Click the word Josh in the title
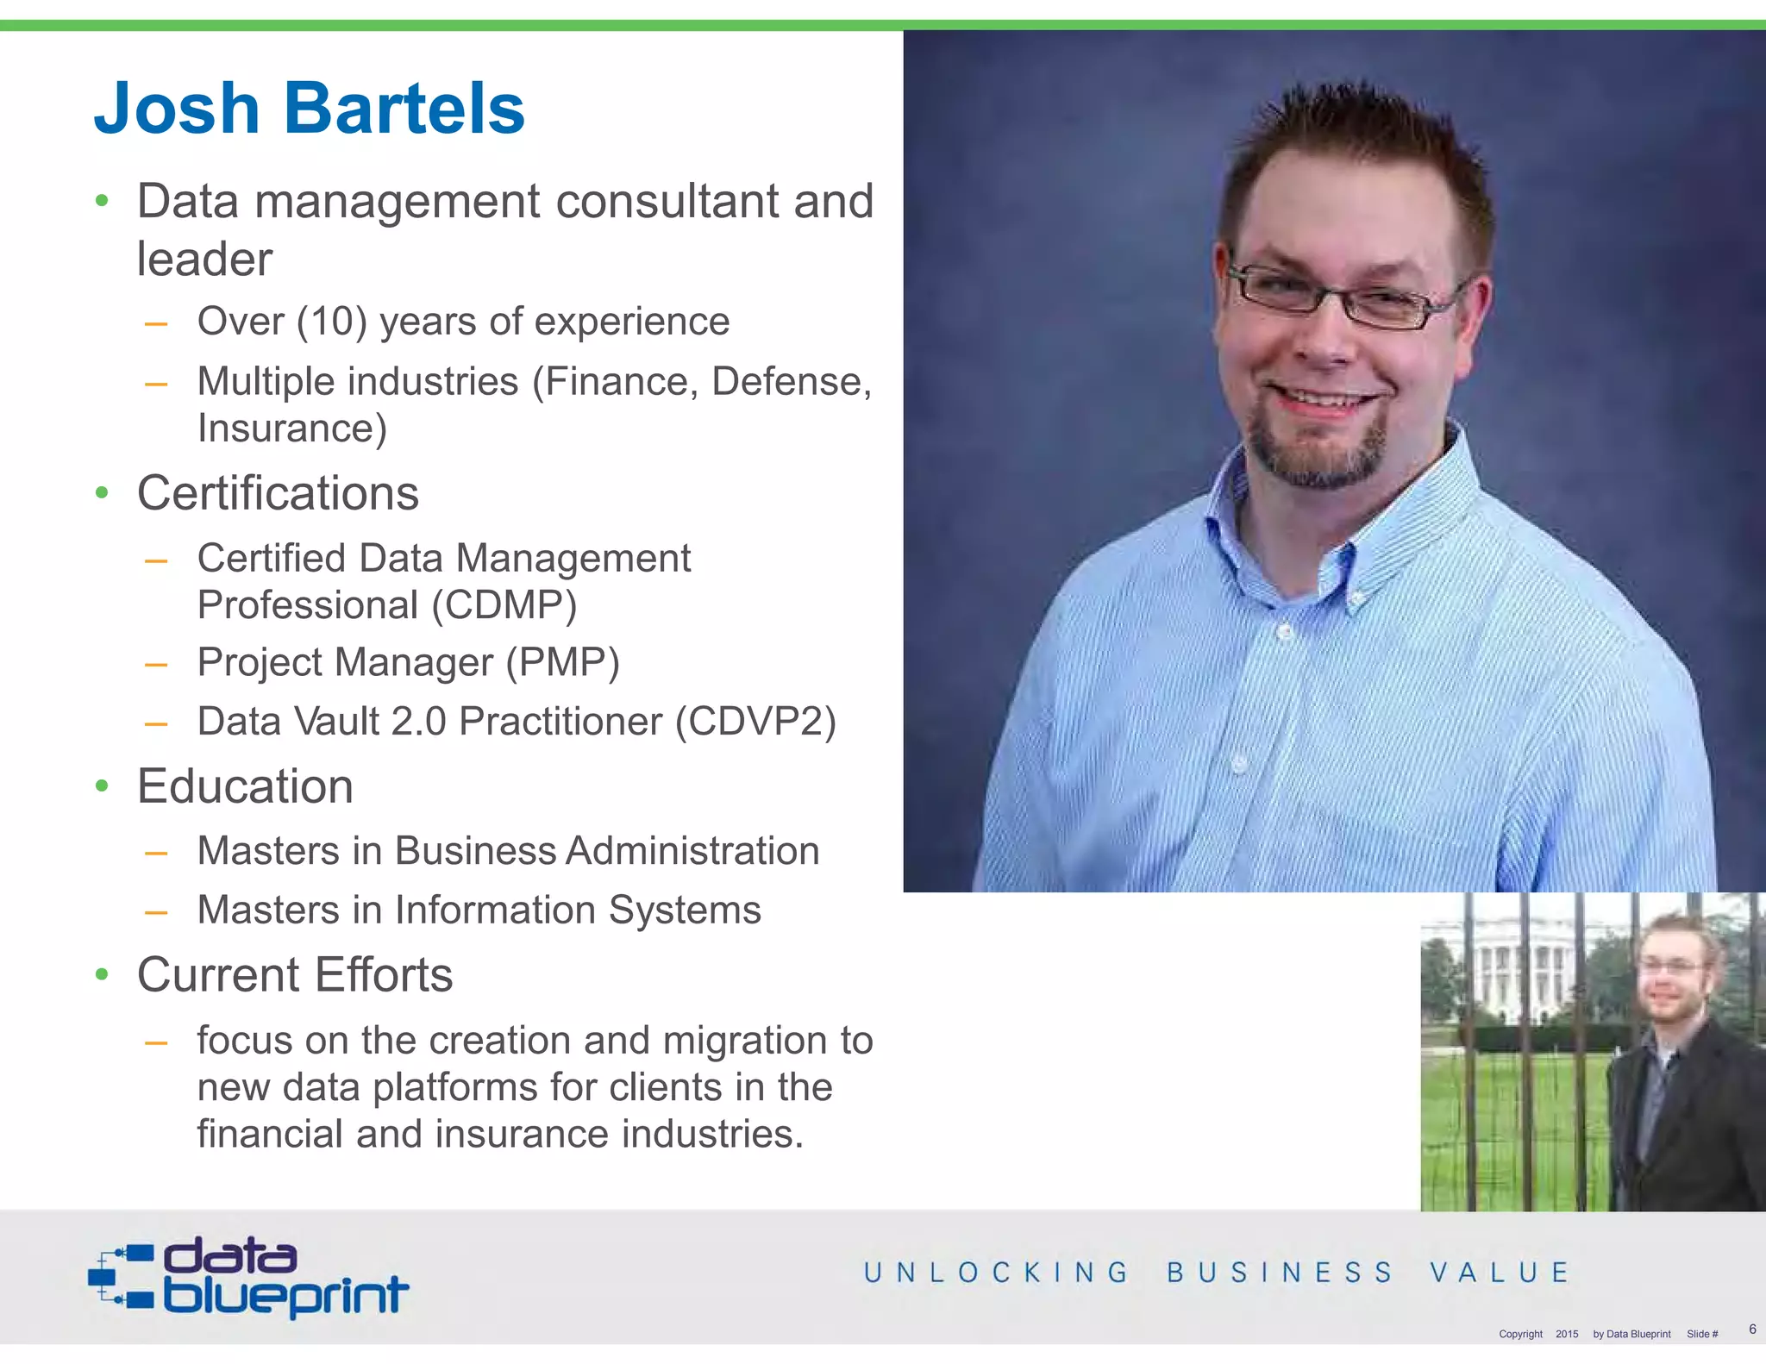(177, 109)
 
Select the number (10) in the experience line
(332, 322)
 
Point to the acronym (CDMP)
(504, 604)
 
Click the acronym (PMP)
(562, 662)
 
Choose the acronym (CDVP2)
(755, 722)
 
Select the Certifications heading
(278, 493)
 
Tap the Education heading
(245, 786)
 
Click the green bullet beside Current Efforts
(103, 975)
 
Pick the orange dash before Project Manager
(156, 665)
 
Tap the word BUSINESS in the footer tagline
(1280, 1273)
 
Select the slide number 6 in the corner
(1752, 1329)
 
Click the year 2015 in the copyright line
(1567, 1334)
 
